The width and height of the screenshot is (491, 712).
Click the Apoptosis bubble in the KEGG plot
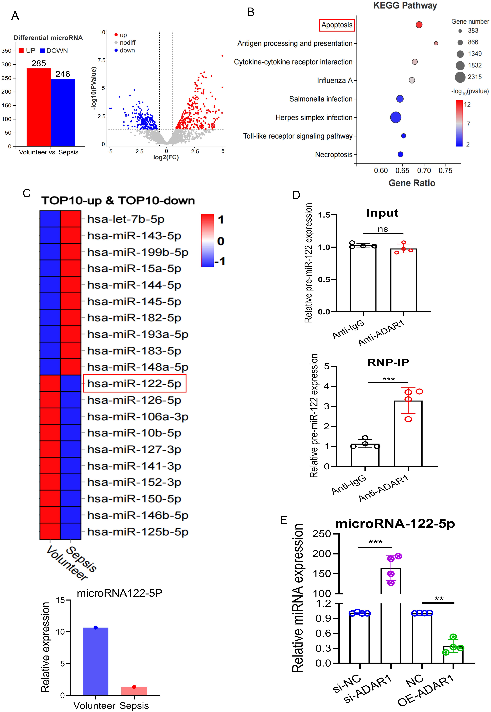pos(419,25)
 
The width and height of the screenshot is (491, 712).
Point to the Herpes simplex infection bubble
pos(396,117)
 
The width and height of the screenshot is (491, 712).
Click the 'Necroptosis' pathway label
pos(333,154)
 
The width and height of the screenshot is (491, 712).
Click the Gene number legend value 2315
pos(475,77)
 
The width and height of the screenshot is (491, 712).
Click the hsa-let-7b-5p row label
pos(126,219)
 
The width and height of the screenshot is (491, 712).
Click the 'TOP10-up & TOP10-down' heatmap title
pos(118,201)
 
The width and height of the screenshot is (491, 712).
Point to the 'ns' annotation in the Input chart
pos(383,229)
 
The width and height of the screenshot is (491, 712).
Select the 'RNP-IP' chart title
pos(388,362)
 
